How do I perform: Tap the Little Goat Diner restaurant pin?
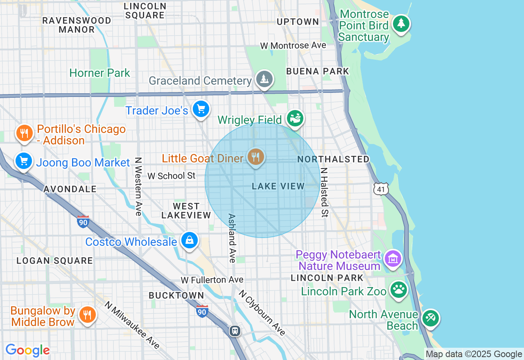pos(256,157)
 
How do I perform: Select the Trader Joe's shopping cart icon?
pos(201,109)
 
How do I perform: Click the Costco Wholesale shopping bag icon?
pos(190,241)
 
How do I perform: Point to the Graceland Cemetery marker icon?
pos(264,79)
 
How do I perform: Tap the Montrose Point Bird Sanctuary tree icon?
pos(401,23)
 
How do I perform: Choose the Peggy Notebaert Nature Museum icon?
pos(393,259)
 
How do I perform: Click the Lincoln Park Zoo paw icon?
pos(398,290)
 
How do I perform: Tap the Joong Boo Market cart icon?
pos(24,161)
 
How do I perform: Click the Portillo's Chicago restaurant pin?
pos(25,133)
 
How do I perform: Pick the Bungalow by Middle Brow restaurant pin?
pos(87,315)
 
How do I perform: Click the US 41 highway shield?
pos(381,189)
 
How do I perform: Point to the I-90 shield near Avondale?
pos(83,221)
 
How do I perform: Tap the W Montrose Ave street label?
pos(293,45)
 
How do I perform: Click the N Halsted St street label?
pos(324,192)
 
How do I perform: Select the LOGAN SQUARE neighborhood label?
pos(55,261)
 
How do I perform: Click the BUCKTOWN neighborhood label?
pos(176,295)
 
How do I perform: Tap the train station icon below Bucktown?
pos(235,331)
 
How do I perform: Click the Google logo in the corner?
pos(27,350)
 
